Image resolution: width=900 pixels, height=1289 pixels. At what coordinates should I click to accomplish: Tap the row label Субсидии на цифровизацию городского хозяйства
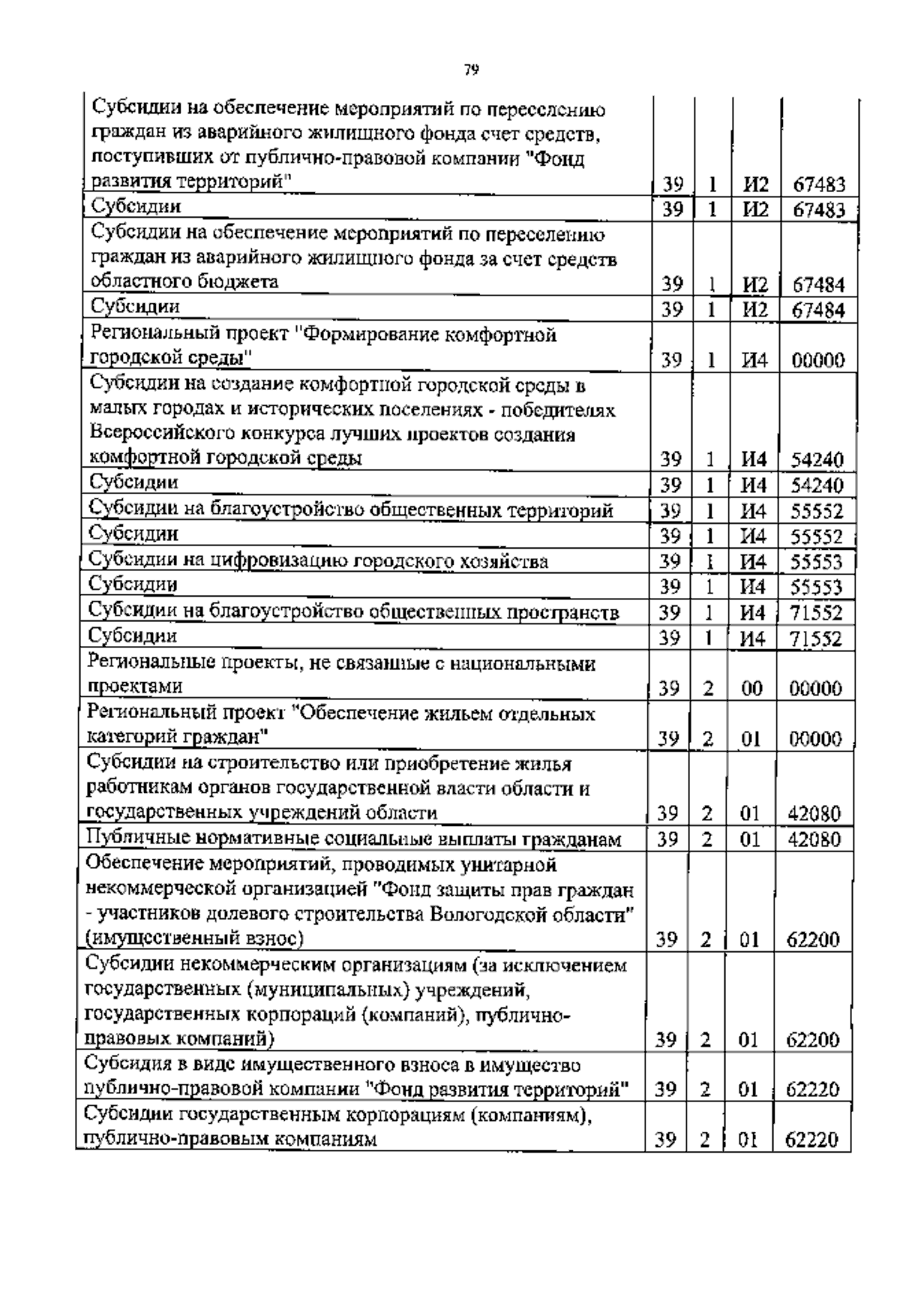click(x=318, y=561)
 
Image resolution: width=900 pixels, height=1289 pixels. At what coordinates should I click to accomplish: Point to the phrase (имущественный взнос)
click(x=195, y=939)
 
